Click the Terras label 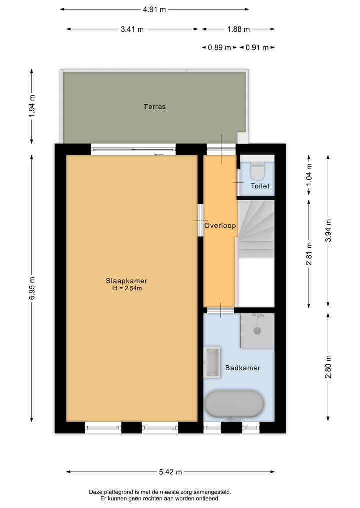point(154,106)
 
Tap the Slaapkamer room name point(126,280)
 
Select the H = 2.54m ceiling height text point(126,288)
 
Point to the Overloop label point(220,226)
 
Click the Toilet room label point(260,186)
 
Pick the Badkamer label point(243,368)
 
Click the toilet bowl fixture point(258,171)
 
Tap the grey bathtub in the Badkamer point(234,404)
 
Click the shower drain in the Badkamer point(257,330)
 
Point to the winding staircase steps point(256,225)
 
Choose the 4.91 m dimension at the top point(154,9)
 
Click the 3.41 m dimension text point(132,29)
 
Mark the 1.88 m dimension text point(238,29)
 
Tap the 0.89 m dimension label point(220,48)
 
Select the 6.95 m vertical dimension point(32,288)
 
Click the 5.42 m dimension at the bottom point(170,472)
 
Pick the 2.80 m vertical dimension point(328,366)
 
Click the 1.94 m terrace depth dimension point(32,106)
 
